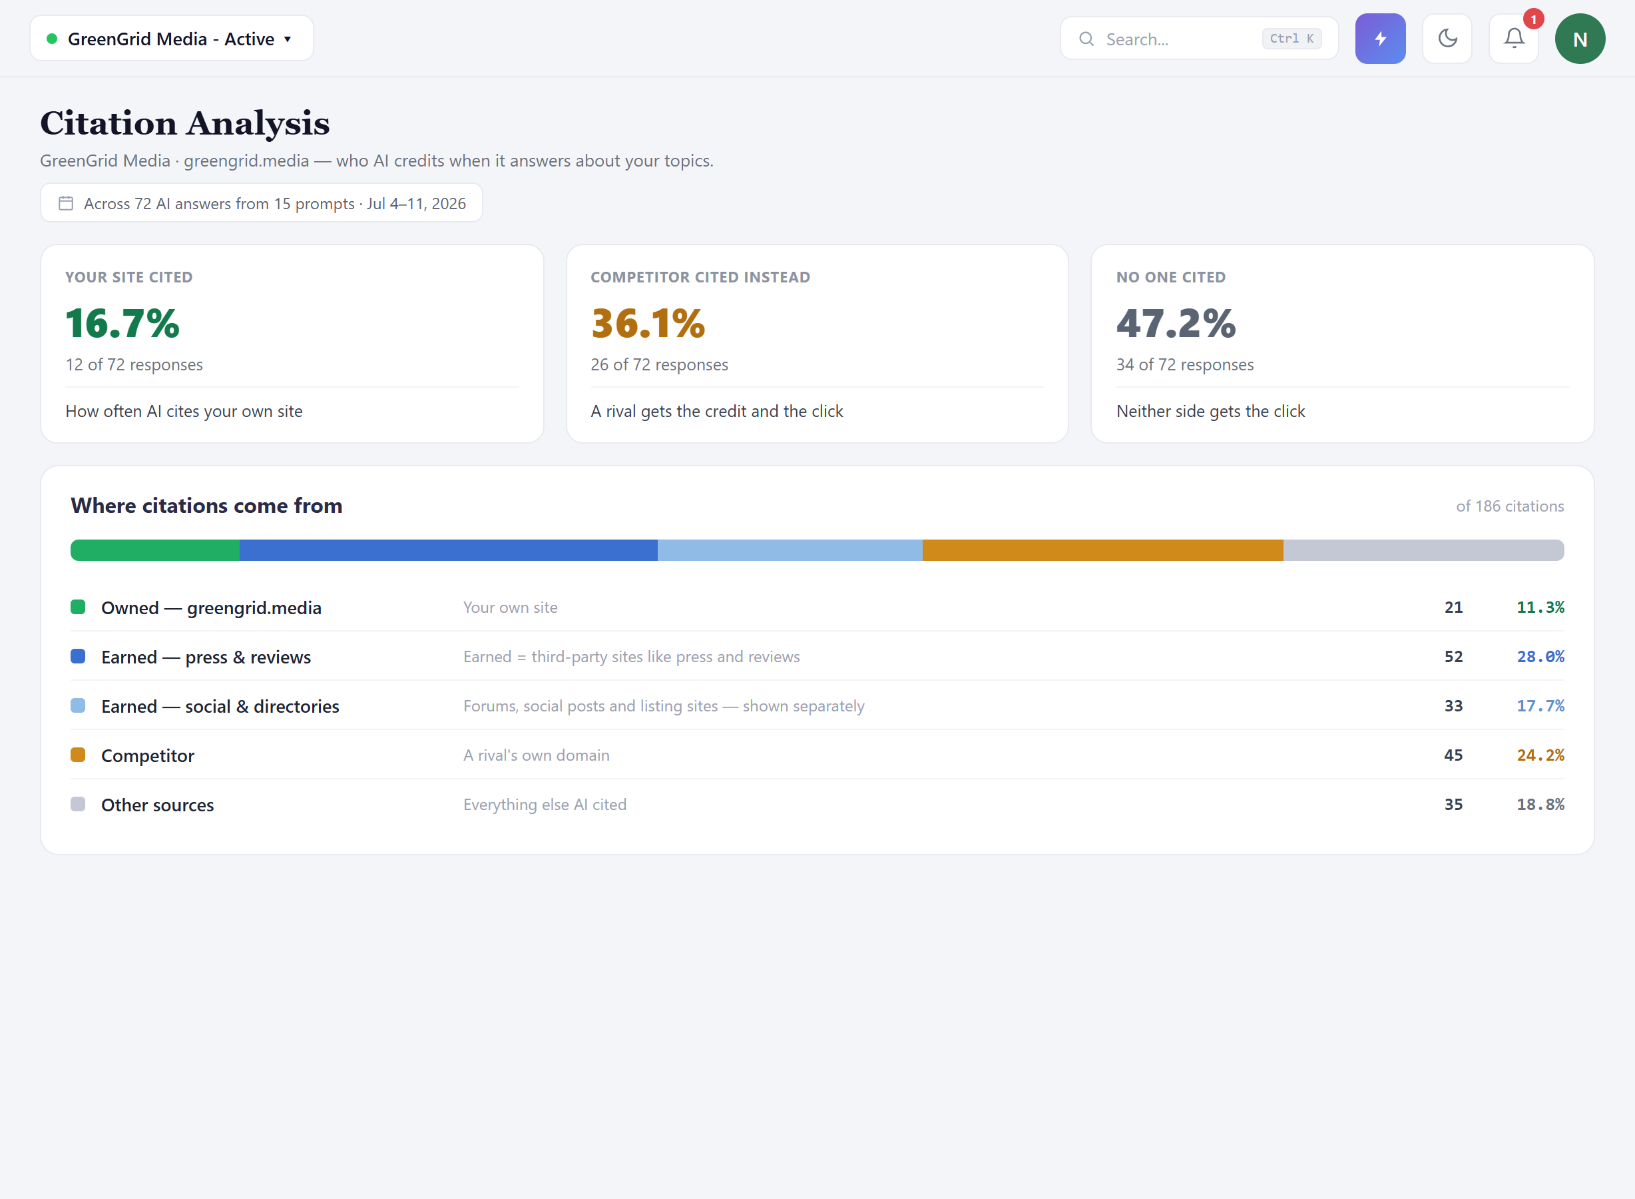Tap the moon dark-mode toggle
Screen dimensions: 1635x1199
(x=1447, y=39)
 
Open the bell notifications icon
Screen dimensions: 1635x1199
(x=1514, y=39)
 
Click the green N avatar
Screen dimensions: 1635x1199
(x=1580, y=39)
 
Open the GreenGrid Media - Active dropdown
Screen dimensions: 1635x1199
(x=172, y=39)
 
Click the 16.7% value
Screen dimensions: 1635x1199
(x=122, y=323)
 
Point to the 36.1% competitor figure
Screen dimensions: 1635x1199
(x=648, y=323)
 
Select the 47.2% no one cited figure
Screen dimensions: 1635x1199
(x=1176, y=323)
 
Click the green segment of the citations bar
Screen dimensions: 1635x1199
(x=155, y=550)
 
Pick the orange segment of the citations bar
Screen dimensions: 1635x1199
(x=1102, y=550)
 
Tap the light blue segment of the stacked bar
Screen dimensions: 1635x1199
(x=790, y=550)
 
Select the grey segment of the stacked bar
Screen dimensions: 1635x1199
(x=1424, y=550)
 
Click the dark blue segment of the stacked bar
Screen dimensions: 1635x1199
(x=449, y=550)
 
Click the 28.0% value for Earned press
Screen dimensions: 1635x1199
(x=1540, y=657)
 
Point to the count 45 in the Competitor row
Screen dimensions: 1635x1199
(x=1453, y=755)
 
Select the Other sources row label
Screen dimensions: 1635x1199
(x=157, y=805)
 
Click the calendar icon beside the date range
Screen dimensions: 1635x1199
(x=66, y=203)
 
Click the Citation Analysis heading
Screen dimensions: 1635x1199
(x=185, y=123)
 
